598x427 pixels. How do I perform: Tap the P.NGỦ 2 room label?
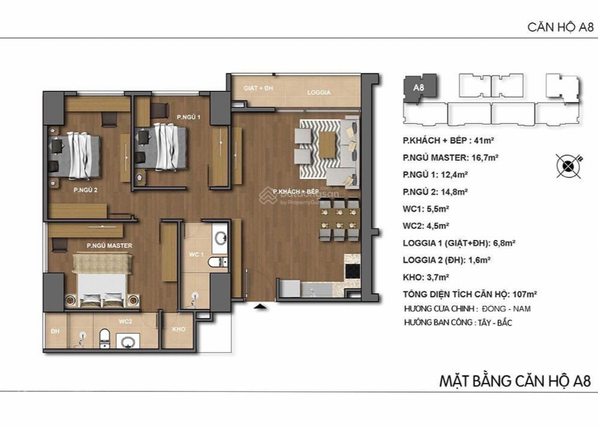point(85,190)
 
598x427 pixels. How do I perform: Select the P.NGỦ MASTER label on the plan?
point(109,245)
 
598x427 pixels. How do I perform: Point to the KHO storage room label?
point(179,329)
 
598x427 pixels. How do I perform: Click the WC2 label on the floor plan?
point(125,321)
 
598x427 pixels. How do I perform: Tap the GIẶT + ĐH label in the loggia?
point(258,88)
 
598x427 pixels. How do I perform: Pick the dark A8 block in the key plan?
point(420,88)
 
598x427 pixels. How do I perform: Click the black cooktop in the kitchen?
point(352,271)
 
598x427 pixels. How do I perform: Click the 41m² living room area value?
point(484,140)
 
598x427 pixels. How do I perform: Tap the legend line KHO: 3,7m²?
point(426,277)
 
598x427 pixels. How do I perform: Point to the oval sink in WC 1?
point(220,238)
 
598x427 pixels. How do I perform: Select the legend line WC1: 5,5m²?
point(426,209)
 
